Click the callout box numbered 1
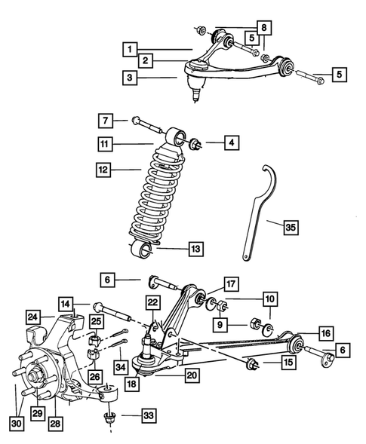pos(131,47)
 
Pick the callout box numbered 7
pos(105,121)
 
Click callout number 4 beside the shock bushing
pos(229,141)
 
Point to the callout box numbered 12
pos(105,171)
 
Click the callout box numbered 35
pos(291,225)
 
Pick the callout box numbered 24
pos(32,316)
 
